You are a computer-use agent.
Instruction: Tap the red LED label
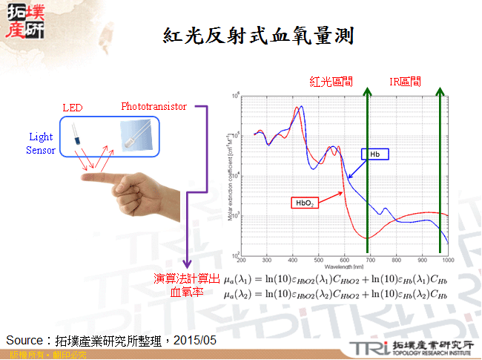click(72, 108)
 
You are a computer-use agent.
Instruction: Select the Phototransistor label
click(153, 106)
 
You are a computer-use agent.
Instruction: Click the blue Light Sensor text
click(41, 143)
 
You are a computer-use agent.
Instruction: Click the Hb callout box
click(375, 154)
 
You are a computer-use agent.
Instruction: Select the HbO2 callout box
click(305, 202)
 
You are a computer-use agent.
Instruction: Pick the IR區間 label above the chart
click(405, 81)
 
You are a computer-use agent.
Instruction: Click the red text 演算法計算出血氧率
click(187, 285)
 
